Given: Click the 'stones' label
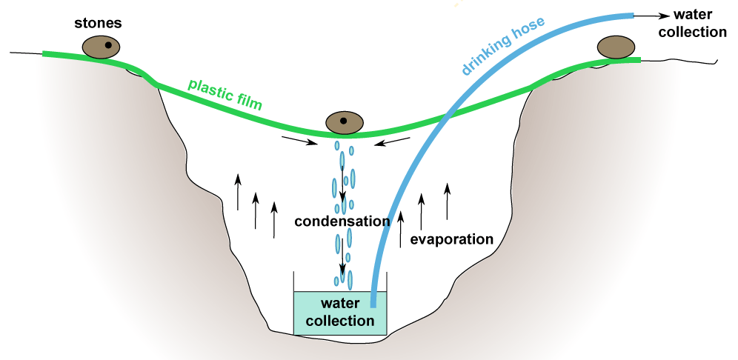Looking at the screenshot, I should coord(98,23).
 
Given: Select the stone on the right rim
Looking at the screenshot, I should coord(618,47).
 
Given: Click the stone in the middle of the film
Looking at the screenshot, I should coord(344,121).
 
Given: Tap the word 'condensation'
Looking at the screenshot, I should coord(342,221).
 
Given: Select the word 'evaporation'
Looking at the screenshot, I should coord(451,239).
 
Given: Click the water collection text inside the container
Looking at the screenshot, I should coord(339,312).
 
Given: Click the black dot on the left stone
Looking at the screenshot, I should coord(108,46).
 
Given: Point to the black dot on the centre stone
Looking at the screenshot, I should coord(343,121).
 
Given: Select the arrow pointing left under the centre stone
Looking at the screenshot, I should coord(390,141).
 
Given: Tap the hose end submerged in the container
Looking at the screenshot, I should coord(373,300).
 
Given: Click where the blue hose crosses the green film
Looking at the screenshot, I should coord(448,117).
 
